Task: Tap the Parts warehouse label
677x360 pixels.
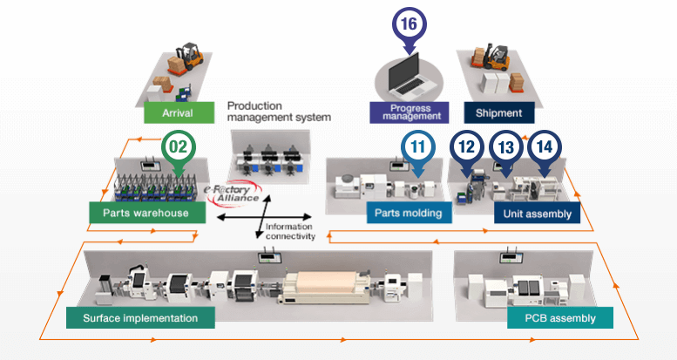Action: tap(146, 213)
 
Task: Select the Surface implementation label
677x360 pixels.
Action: tap(140, 317)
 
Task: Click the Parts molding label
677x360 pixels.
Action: tap(409, 213)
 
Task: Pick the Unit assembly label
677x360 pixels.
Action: tap(537, 213)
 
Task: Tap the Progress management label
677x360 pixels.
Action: tap(409, 112)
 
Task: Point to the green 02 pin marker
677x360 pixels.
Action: tap(178, 146)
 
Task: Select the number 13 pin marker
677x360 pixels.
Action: tap(505, 147)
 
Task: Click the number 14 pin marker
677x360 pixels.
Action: tap(545, 147)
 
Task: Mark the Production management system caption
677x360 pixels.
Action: tap(279, 111)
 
